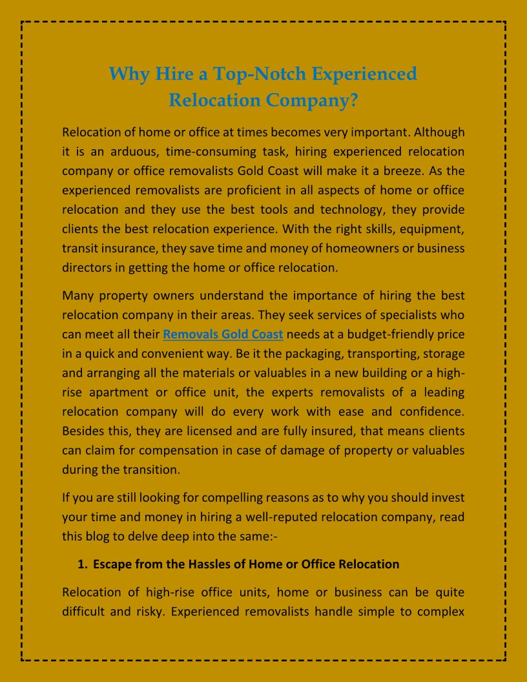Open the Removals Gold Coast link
(x=223, y=335)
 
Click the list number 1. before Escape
(x=82, y=564)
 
